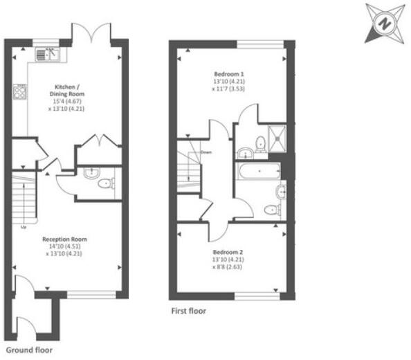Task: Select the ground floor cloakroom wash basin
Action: pos(91,173)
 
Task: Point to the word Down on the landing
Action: pos(205,152)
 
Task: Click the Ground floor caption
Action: pos(28,350)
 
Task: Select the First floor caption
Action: pos(189,312)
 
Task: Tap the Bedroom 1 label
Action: pos(228,73)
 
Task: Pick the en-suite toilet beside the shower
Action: pos(260,144)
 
